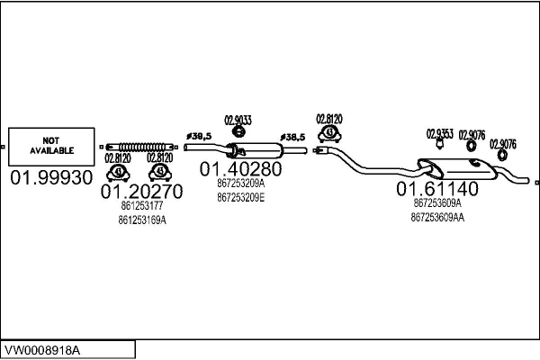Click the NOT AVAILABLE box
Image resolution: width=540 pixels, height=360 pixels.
tap(51, 147)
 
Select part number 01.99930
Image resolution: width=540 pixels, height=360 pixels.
tap(51, 178)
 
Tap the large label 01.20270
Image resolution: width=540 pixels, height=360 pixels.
tap(141, 191)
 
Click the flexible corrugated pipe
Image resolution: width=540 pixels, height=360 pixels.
tap(139, 147)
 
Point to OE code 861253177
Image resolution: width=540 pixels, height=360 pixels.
tap(142, 206)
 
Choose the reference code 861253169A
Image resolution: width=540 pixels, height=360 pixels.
tap(142, 220)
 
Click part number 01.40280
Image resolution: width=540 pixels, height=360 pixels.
tap(240, 169)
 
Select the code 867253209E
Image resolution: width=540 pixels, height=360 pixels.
tap(240, 198)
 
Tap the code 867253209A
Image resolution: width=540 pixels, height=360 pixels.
tap(240, 184)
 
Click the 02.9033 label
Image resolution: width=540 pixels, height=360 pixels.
tap(238, 121)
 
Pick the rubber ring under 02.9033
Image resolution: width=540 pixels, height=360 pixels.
tap(238, 131)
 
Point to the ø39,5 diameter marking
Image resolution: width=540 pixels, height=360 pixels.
tap(199, 137)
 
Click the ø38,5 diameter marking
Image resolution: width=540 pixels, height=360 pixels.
tap(292, 138)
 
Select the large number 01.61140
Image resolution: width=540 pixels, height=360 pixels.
tap(437, 189)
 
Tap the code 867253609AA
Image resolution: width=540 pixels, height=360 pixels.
tap(437, 218)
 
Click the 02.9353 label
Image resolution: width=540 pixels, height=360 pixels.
tap(440, 134)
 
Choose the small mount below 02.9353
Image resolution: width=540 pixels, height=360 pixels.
tap(439, 144)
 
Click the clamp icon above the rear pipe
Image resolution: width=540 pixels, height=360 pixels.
tap(329, 134)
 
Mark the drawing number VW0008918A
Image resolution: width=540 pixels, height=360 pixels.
tap(42, 351)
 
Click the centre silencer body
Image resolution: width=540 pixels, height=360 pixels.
tap(256, 150)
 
